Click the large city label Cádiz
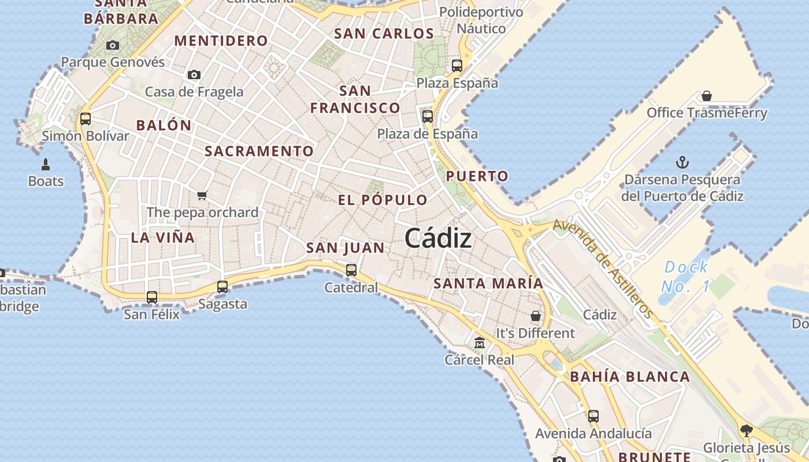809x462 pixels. coord(438,238)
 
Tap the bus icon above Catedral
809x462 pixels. coord(351,270)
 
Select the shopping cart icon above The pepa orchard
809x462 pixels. coord(202,195)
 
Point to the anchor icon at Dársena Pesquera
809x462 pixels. coord(682,162)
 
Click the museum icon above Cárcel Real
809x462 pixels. coord(479,343)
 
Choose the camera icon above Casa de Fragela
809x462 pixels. coord(194,74)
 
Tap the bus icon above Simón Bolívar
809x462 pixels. coord(86,119)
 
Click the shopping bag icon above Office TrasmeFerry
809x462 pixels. coord(706,96)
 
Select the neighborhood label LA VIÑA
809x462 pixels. coord(162,237)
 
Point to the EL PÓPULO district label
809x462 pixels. coord(383,200)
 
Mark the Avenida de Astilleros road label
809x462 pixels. coord(603,269)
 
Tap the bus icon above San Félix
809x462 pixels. coord(151,297)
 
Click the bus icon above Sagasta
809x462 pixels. coord(222,286)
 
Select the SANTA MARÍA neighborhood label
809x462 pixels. coord(488,284)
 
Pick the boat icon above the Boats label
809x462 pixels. coord(46,165)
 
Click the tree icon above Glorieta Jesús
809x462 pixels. coord(746,430)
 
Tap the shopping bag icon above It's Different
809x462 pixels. coord(535,316)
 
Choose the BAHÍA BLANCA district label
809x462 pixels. coord(630,377)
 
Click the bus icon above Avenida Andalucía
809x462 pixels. coord(593,416)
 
